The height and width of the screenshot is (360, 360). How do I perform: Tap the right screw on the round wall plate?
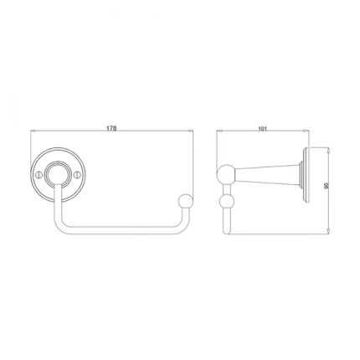(x=80, y=174)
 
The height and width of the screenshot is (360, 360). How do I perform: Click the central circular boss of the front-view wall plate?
(x=59, y=174)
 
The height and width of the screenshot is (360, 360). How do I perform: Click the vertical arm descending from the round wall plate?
(x=56, y=205)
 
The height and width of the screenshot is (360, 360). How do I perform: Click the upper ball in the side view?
(x=225, y=174)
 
